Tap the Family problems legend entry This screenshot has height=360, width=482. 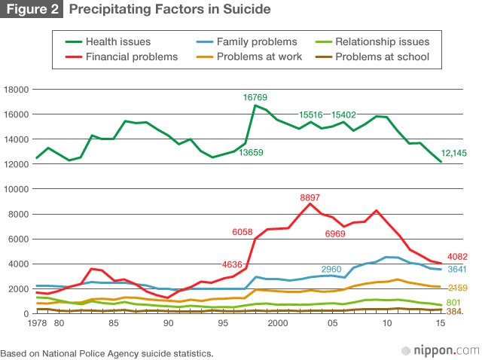tap(255, 41)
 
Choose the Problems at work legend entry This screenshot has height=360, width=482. tap(258, 56)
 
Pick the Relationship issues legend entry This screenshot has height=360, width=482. tap(383, 41)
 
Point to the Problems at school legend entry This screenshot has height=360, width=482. tap(381, 56)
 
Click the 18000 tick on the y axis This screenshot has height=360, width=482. tap(17, 89)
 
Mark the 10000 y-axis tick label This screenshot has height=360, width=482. tap(17, 189)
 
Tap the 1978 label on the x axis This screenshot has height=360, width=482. tap(14, 324)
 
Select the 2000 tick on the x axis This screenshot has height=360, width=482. tap(278, 324)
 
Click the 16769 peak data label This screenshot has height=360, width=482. tap(255, 97)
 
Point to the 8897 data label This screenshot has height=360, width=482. tap(310, 198)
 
